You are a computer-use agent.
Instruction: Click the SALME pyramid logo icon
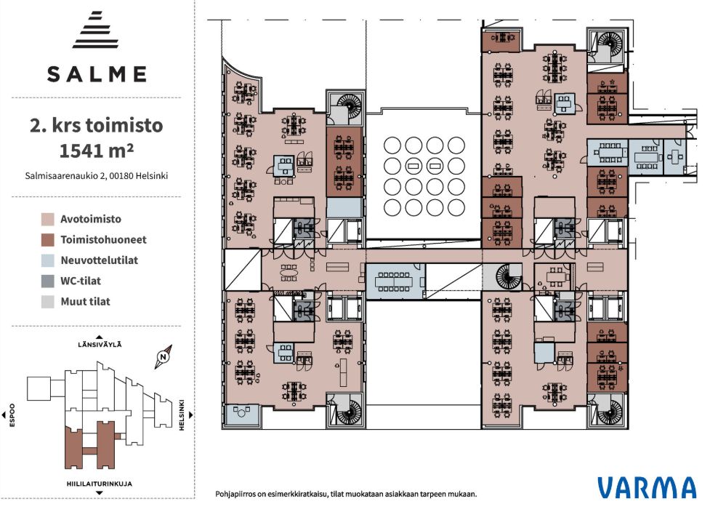tap(96, 30)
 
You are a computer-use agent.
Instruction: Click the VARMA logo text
tap(646, 487)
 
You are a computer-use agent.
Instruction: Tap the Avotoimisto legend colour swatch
tap(47, 220)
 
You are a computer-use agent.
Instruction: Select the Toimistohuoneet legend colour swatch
tap(47, 240)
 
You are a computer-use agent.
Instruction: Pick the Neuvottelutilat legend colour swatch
tap(47, 260)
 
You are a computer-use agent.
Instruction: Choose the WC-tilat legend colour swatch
tap(47, 281)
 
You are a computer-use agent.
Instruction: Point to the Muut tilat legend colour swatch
tap(47, 302)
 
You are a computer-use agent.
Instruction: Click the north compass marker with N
tap(164, 356)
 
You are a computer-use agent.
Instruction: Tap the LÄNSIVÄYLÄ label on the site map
tap(100, 344)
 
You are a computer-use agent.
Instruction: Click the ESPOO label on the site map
tap(12, 415)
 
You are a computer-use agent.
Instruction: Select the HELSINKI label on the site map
tap(182, 415)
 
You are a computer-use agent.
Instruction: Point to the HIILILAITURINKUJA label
tap(100, 484)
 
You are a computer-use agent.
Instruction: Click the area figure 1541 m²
tap(97, 151)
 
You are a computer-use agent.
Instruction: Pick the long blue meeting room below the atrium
tap(395, 281)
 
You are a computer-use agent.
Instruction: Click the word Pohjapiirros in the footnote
tap(235, 494)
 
